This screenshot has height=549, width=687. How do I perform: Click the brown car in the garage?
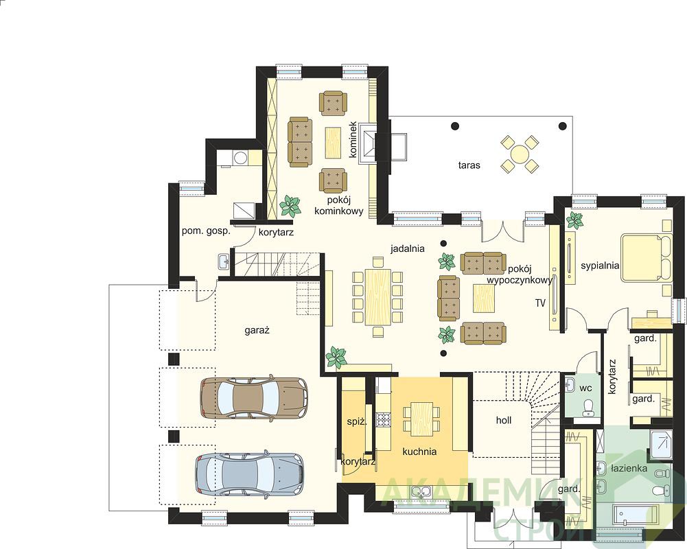tap(254, 397)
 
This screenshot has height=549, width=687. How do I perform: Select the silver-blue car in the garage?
tap(249, 473)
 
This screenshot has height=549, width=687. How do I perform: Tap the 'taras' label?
tap(469, 165)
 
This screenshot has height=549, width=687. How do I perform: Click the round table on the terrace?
tap(520, 154)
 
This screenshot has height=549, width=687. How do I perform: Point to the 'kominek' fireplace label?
tap(353, 139)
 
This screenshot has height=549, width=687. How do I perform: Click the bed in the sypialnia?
tap(647, 257)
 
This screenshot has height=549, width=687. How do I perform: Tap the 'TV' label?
tap(540, 303)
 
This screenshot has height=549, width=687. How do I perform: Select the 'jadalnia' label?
tap(408, 248)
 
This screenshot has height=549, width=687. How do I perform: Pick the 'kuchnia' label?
tap(419, 452)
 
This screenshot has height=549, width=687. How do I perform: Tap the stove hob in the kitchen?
tap(384, 419)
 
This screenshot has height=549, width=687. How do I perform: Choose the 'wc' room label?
tap(586, 388)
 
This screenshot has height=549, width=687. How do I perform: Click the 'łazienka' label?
tap(629, 469)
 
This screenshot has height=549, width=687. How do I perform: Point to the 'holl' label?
tap(504, 420)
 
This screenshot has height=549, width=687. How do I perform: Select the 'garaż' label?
tap(257, 331)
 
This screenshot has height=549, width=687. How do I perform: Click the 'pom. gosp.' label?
tap(206, 231)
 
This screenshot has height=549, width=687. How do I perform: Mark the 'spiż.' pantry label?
tap(356, 421)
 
